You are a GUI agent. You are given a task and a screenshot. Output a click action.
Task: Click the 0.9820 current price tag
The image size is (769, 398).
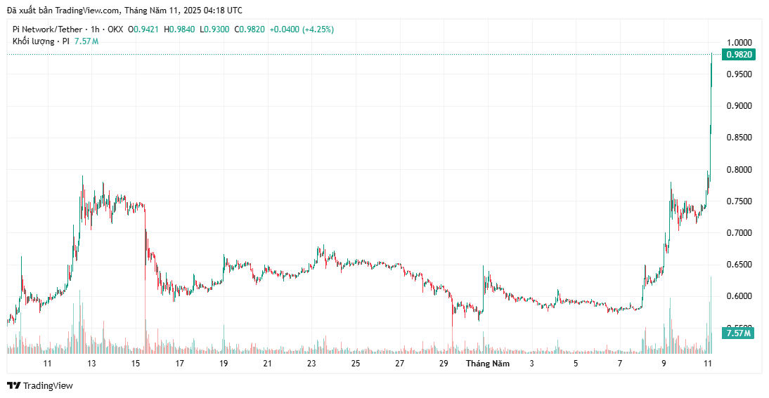tap(739, 54)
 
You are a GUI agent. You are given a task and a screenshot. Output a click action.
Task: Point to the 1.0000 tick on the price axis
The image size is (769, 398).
tap(739, 43)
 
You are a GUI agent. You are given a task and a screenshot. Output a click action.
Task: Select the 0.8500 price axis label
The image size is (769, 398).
tap(739, 138)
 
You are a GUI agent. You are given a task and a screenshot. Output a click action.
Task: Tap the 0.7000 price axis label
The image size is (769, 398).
tap(739, 233)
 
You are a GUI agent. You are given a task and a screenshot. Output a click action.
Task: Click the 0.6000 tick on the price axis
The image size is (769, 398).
tap(739, 296)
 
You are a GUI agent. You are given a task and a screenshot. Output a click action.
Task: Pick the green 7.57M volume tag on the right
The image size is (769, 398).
tap(739, 333)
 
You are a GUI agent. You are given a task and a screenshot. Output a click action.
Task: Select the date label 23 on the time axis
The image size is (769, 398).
tap(311, 364)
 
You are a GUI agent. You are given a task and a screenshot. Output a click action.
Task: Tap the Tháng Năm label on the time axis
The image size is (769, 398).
tap(488, 364)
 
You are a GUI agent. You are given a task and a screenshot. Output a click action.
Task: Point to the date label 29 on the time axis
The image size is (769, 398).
tap(444, 364)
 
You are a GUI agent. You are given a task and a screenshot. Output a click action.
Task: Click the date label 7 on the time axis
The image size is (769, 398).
tap(620, 364)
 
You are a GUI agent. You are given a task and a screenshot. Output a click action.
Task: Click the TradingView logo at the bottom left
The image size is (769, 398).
tap(40, 385)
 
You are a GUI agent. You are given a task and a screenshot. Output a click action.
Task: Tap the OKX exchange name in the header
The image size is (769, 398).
tap(116, 29)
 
